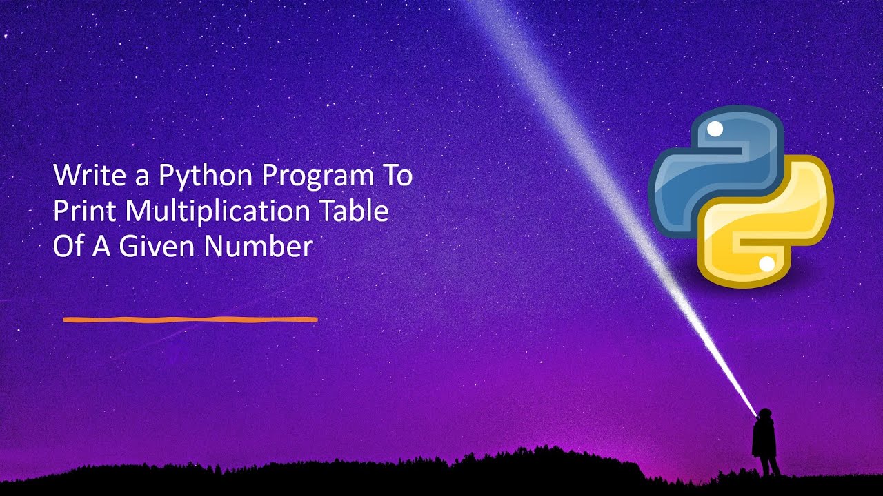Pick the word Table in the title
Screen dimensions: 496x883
pos(355,211)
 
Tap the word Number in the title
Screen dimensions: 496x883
pos(258,247)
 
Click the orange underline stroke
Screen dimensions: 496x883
pos(190,320)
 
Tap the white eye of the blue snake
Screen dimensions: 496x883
pos(715,129)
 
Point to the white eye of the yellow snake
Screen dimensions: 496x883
pos(766,263)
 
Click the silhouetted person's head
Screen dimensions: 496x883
pos(764,415)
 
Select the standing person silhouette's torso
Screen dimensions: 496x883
pos(764,437)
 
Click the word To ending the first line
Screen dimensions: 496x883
pos(397,176)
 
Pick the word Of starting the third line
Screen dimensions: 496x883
pos(68,247)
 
